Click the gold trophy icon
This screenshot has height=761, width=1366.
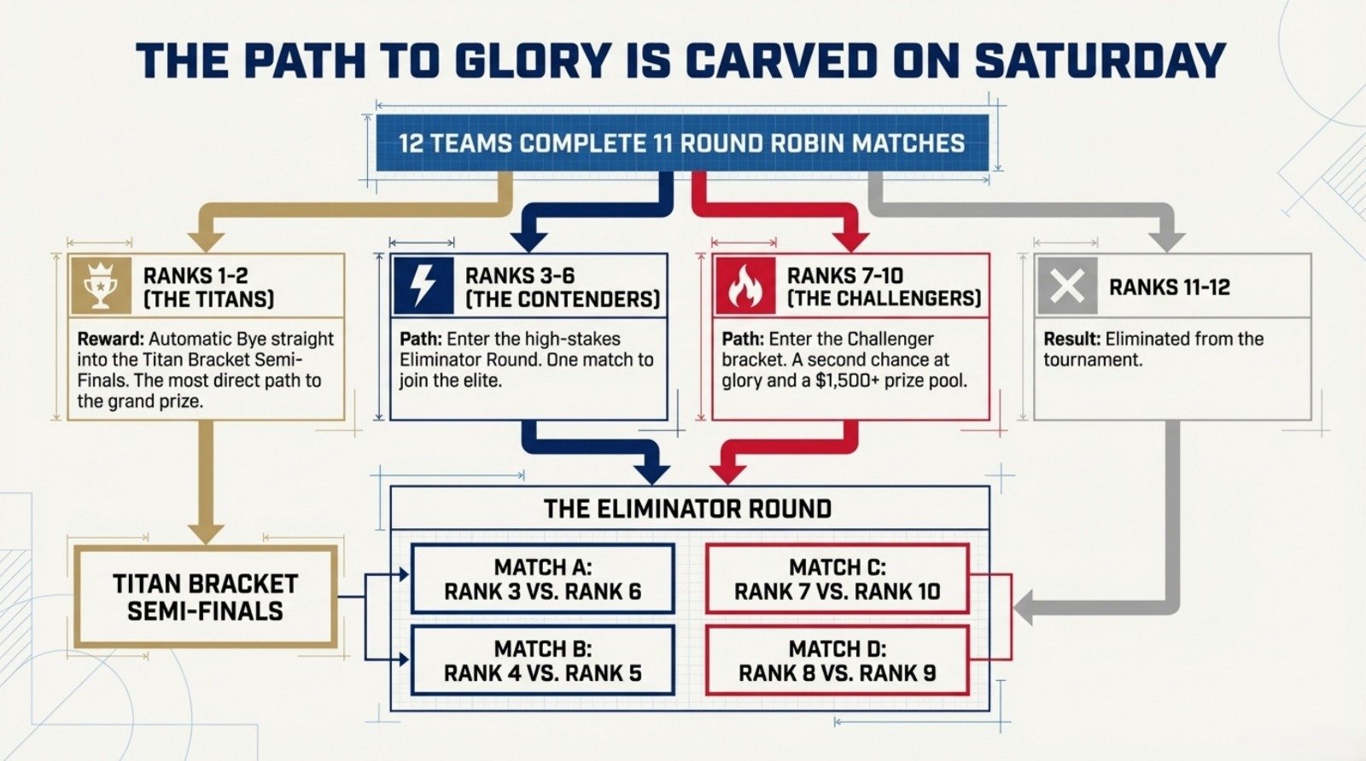[101, 286]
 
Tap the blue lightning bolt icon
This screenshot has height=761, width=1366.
[423, 286]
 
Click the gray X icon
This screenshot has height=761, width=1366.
[1067, 286]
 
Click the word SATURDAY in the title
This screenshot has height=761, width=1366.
[1100, 61]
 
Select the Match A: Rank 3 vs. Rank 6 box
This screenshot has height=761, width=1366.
[543, 578]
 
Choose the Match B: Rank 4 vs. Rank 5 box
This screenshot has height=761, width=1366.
[543, 660]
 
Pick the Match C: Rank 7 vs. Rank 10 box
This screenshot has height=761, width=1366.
[838, 578]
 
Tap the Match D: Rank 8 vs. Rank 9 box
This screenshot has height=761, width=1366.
[838, 660]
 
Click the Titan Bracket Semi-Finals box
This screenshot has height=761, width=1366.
[206, 597]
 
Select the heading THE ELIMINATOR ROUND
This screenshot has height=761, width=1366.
[688, 508]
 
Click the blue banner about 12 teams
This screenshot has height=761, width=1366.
[682, 143]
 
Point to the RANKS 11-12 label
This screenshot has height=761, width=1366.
[1170, 287]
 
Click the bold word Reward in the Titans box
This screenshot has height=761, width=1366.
[110, 339]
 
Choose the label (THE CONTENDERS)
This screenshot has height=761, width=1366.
[563, 299]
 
